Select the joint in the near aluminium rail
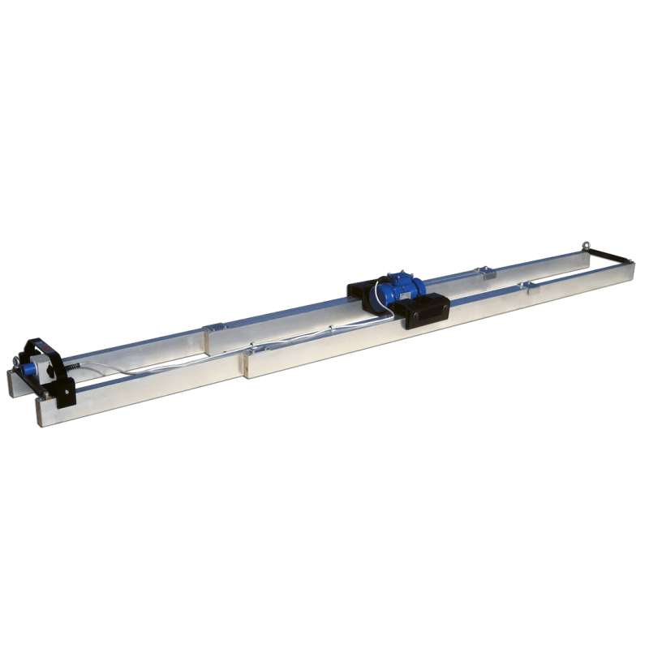(x=244, y=363)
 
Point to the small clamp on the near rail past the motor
(x=531, y=285)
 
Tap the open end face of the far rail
(x=11, y=381)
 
